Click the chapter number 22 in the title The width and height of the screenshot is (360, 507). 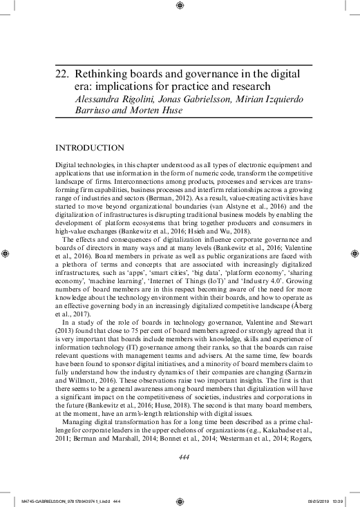pos(61,72)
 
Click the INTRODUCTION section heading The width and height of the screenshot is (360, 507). pos(90,148)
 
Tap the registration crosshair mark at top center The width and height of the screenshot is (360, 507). pos(180,6)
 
